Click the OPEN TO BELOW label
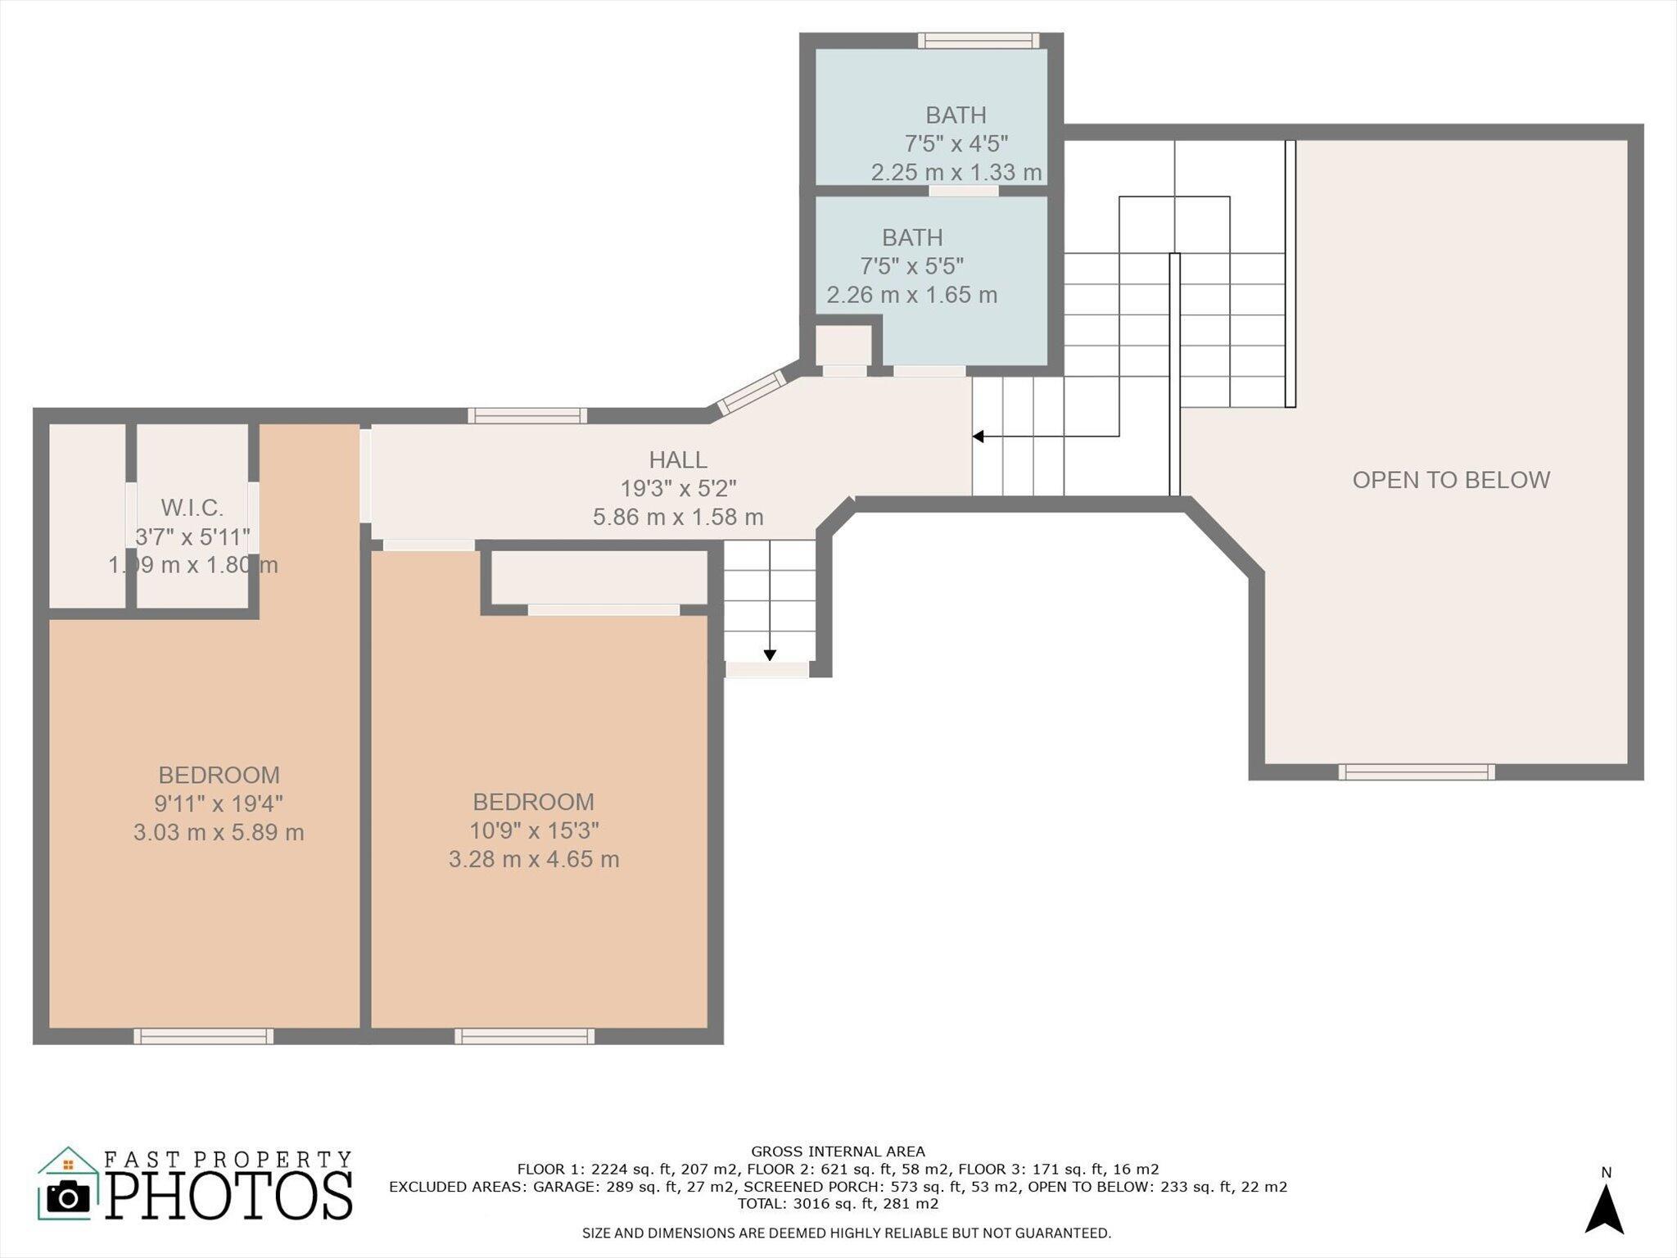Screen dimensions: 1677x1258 [1451, 480]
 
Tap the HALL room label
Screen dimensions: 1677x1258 [678, 460]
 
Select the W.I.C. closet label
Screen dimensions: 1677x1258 [192, 508]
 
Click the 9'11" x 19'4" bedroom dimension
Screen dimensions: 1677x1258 [219, 803]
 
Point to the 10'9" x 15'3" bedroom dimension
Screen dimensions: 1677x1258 [534, 830]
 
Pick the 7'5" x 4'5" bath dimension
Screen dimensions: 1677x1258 [956, 144]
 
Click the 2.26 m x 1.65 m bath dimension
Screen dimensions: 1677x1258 [912, 295]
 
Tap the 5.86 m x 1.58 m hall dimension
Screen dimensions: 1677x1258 [678, 518]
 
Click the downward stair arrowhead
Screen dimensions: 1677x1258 [770, 654]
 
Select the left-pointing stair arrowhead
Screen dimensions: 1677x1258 [977, 437]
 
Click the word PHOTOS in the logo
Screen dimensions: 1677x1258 [229, 1196]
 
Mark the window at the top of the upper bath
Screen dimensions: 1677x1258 [979, 41]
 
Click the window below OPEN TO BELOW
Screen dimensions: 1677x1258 [1417, 772]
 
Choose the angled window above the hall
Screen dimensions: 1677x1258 [752, 392]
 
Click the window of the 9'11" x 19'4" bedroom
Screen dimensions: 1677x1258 [204, 1036]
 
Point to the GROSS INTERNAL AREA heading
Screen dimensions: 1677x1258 [838, 1152]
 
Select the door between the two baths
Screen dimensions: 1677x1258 [964, 191]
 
